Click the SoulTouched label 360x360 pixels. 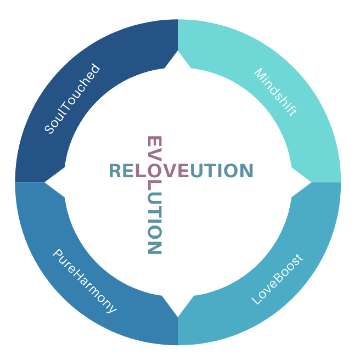(x=72, y=99)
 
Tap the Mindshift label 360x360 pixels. (x=275, y=92)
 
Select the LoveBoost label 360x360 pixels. (x=277, y=280)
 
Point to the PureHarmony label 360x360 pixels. (x=85, y=281)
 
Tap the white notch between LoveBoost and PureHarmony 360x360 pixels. (x=178, y=305)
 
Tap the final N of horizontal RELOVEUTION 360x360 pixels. (x=246, y=171)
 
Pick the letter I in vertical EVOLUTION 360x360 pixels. (x=154, y=221)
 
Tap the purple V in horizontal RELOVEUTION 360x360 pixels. (x=168, y=171)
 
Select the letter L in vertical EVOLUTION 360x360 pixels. (x=154, y=185)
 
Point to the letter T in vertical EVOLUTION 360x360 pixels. (x=154, y=211)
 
